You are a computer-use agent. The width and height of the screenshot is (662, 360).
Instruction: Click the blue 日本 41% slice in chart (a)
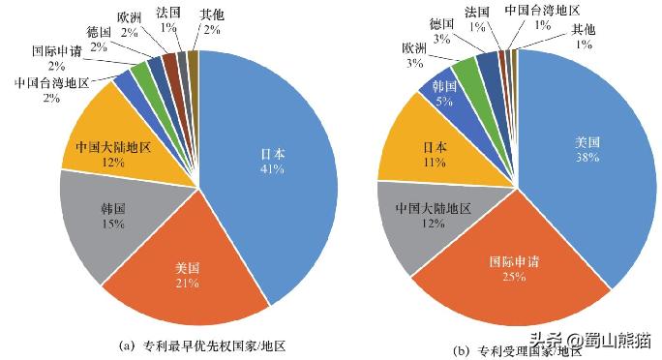point(276,165)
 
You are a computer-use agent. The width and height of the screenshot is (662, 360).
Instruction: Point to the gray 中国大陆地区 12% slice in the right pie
point(431,218)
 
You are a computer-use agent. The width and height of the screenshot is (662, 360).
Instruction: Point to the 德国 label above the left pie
point(98,31)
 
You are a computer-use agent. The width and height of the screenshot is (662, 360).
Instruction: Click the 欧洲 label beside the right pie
point(414,49)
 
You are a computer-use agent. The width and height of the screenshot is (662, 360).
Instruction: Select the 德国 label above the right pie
point(441,23)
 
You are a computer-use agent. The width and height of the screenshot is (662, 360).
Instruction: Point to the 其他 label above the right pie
point(583,29)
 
